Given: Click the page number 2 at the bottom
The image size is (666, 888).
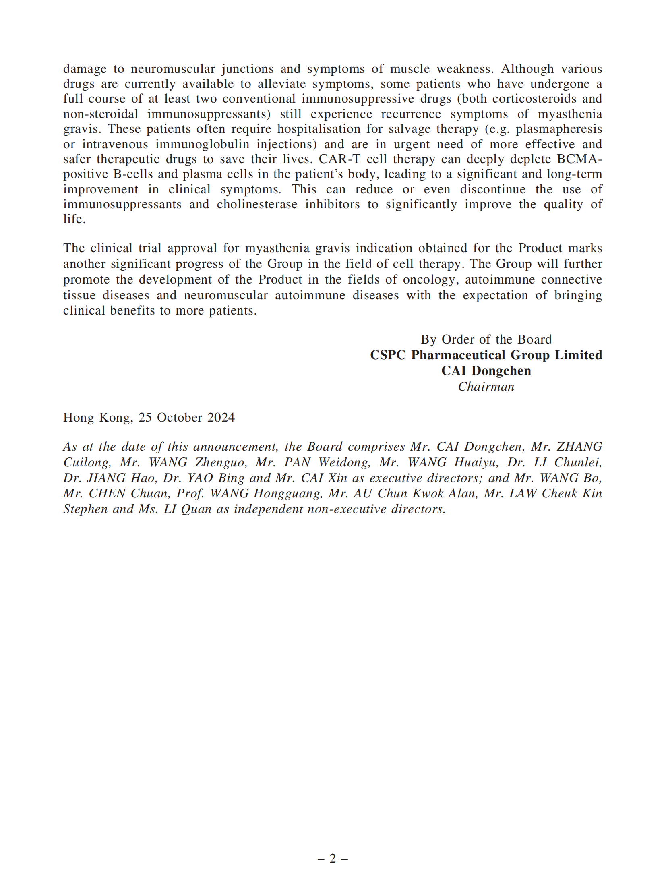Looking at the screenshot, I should (333, 859).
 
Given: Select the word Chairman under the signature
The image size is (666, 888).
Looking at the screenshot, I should (486, 387).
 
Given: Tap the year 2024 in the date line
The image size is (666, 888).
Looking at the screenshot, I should (221, 418).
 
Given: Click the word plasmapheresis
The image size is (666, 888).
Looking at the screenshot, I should (559, 129).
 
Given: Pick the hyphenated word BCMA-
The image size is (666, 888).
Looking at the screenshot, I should (579, 159).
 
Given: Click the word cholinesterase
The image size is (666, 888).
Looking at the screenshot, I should (257, 204).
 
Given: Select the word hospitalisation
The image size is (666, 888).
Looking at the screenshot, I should (319, 129).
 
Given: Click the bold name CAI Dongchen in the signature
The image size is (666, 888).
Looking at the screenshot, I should (486, 371).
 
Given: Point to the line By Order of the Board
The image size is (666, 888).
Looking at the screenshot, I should (486, 339).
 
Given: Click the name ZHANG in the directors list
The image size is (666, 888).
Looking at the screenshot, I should (579, 447).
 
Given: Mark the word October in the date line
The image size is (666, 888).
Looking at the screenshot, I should (179, 418).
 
